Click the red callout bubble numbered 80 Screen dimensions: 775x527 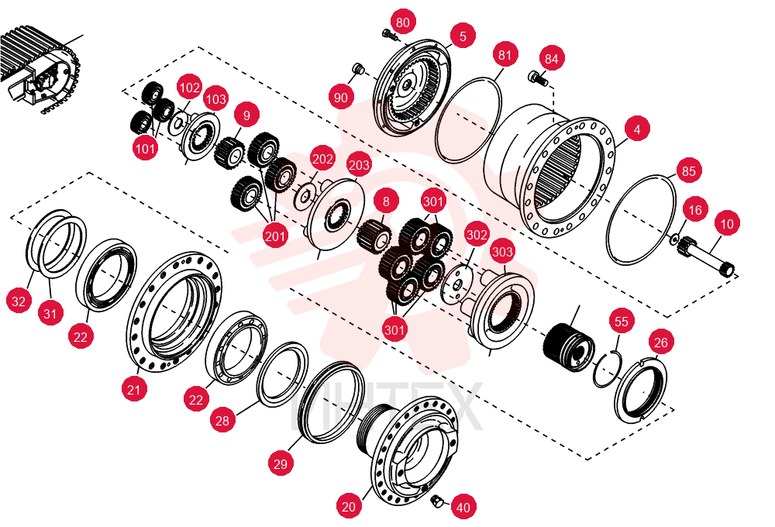[x=403, y=22]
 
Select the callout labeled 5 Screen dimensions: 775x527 [x=463, y=36]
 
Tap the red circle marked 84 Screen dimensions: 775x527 [x=551, y=59]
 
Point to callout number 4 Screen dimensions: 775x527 [x=636, y=129]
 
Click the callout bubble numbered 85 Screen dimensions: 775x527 [x=688, y=171]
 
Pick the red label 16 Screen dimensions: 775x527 [x=695, y=210]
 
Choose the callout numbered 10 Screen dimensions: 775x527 [x=727, y=224]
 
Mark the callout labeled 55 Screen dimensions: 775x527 [x=622, y=322]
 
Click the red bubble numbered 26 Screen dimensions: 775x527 [x=661, y=342]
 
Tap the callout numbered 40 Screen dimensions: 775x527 [x=463, y=507]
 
